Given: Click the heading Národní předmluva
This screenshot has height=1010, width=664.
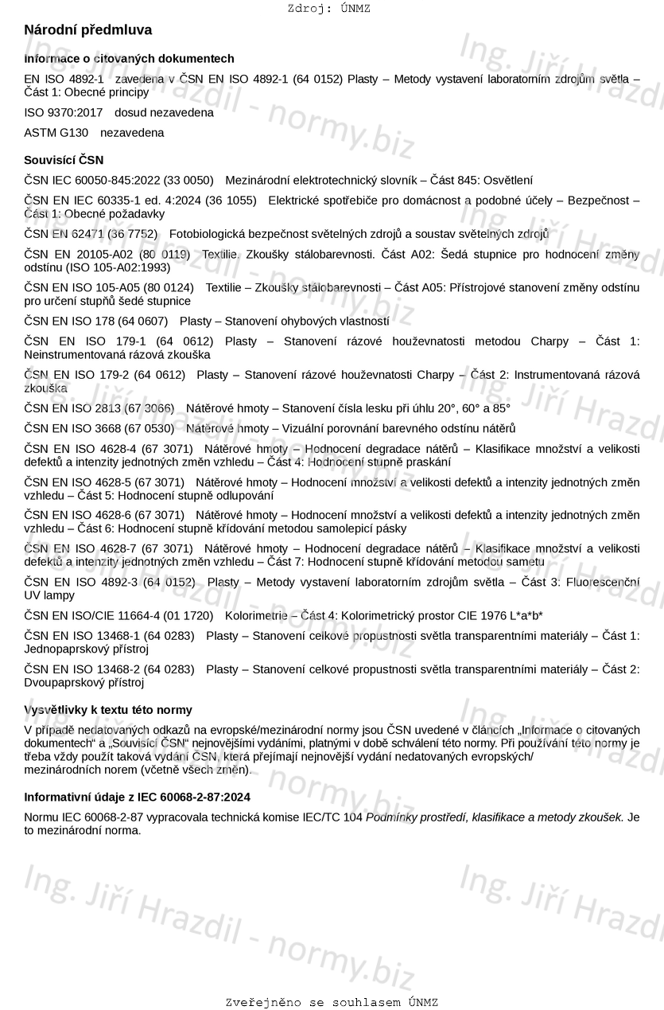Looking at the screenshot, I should tap(88, 30).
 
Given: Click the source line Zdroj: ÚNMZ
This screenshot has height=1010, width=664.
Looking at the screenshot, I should tap(328, 9).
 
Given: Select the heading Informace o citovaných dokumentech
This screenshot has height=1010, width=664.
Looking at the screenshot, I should tap(129, 59).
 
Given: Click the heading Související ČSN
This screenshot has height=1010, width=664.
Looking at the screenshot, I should tap(64, 160).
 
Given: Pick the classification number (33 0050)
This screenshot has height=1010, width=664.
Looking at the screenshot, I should tap(188, 181).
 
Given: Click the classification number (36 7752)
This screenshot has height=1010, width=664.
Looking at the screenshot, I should tap(132, 234).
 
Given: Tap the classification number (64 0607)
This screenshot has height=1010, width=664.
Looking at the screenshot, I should tap(142, 322).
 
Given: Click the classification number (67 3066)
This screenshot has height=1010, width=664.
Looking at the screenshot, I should tap(148, 408).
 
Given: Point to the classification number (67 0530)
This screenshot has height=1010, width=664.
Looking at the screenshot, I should tap(148, 429).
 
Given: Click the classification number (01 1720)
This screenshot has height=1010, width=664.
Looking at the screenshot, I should tap(188, 616).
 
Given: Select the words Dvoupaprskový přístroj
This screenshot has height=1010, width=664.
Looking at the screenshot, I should tap(84, 683).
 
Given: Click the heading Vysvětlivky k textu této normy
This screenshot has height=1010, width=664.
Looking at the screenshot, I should tap(108, 710).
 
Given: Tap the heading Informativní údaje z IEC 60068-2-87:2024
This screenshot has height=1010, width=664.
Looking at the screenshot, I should tap(138, 797).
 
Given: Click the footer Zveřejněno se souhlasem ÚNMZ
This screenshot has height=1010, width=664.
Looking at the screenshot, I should tap(332, 1003).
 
